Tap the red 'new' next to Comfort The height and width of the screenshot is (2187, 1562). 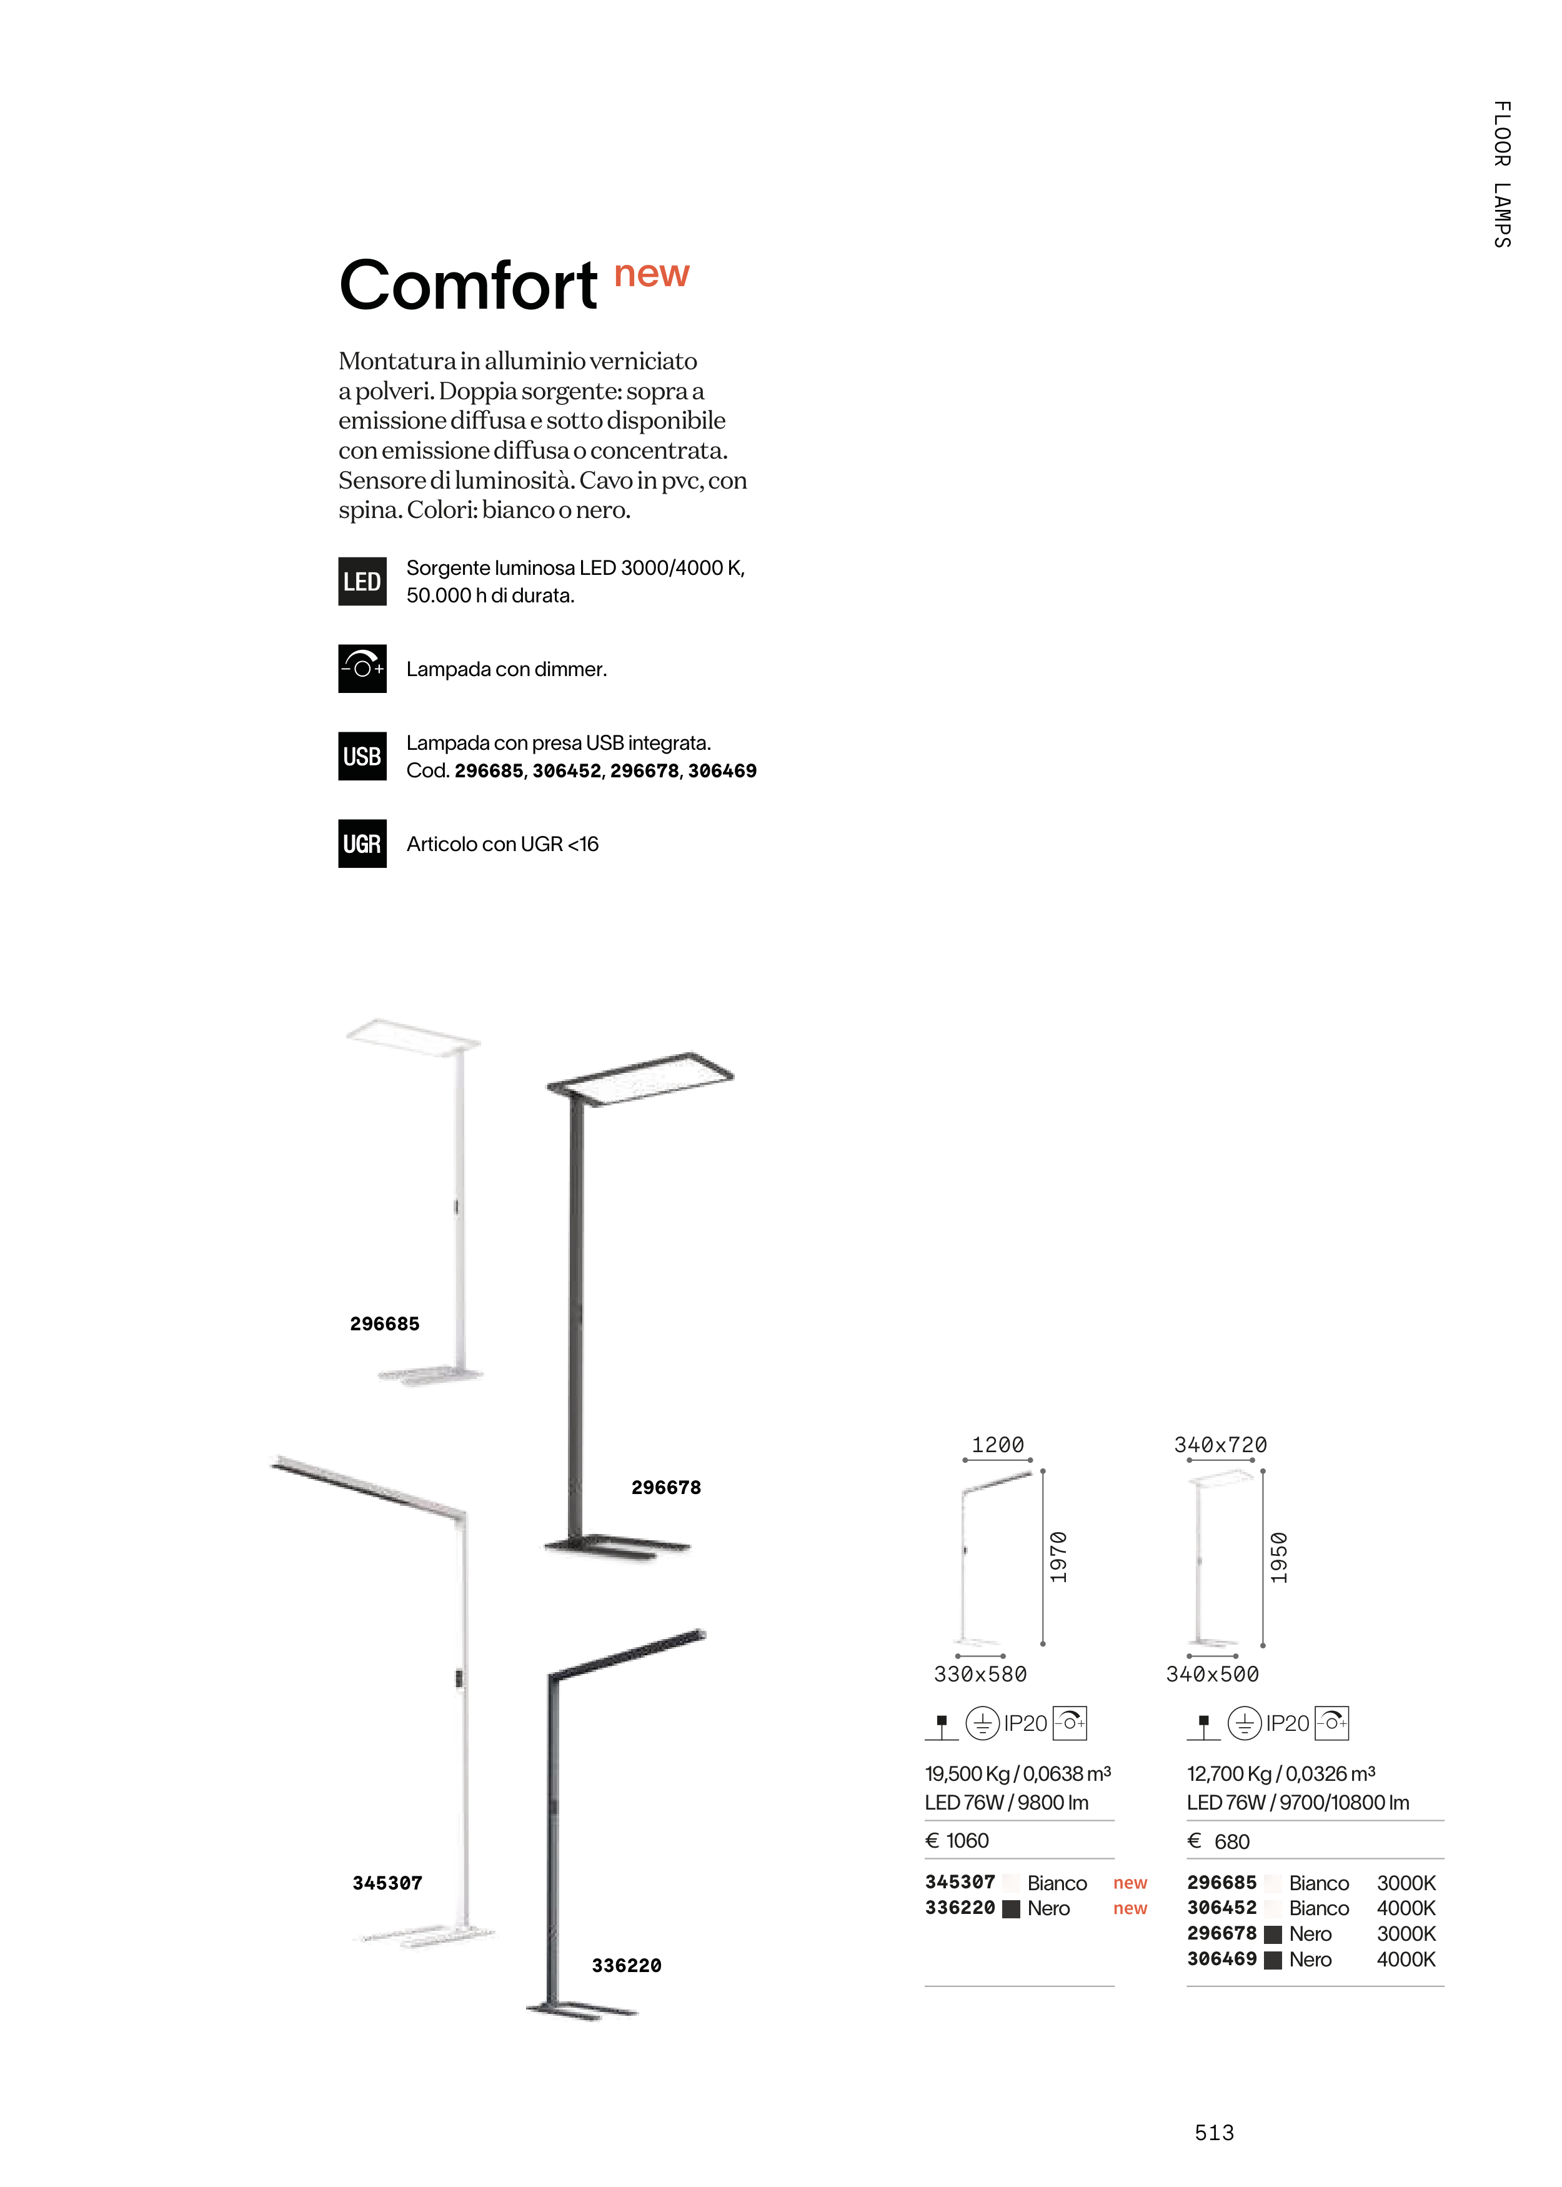[651, 274]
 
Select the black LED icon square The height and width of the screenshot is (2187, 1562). [362, 581]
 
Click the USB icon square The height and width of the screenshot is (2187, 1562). [362, 756]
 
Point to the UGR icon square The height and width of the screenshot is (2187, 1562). [362, 844]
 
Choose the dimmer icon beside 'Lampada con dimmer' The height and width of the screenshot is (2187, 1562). [362, 669]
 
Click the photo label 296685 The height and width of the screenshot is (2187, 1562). [385, 1323]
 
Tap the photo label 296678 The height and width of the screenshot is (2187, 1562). [665, 1487]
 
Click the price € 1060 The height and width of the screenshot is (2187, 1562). [957, 1840]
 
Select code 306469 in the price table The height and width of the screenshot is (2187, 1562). [1221, 1958]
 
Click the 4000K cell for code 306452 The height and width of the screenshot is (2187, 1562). [1405, 1908]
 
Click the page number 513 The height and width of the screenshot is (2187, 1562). [1214, 2132]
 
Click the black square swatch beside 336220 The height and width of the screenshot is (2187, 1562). [1011, 1909]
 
